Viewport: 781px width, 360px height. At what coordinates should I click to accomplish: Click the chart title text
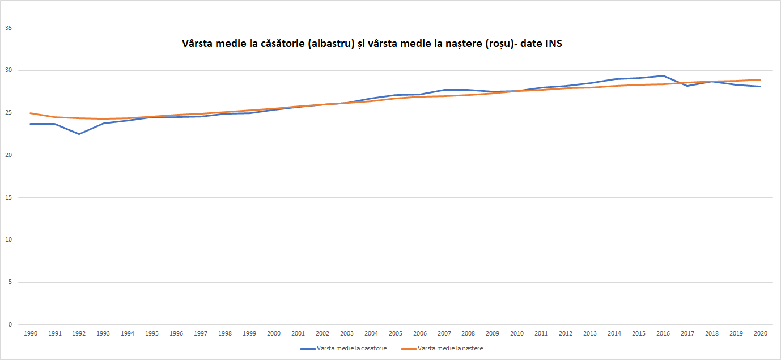point(371,44)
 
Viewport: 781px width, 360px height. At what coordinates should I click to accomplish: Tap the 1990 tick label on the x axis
point(31,334)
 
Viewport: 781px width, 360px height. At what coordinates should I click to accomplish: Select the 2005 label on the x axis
point(396,334)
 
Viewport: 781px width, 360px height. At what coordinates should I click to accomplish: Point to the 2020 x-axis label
point(761,334)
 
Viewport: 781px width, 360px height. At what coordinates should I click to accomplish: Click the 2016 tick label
point(663,334)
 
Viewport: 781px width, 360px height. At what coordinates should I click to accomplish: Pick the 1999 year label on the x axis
point(249,334)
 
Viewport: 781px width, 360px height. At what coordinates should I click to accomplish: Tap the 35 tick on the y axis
point(8,28)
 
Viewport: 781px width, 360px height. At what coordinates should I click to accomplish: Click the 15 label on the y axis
point(8,197)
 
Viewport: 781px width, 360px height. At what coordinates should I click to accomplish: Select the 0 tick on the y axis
point(10,324)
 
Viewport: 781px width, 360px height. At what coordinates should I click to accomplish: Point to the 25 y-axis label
point(8,113)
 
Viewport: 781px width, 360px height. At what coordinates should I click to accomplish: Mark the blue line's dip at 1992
point(79,134)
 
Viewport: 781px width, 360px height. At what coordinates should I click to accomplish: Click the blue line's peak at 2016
point(663,75)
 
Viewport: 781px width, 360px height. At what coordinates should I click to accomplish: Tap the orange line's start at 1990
point(31,113)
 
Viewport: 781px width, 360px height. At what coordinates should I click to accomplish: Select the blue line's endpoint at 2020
point(761,86)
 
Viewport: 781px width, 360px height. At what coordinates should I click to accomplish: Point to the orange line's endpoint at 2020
point(761,80)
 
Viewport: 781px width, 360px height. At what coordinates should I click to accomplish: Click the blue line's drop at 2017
point(687,86)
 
